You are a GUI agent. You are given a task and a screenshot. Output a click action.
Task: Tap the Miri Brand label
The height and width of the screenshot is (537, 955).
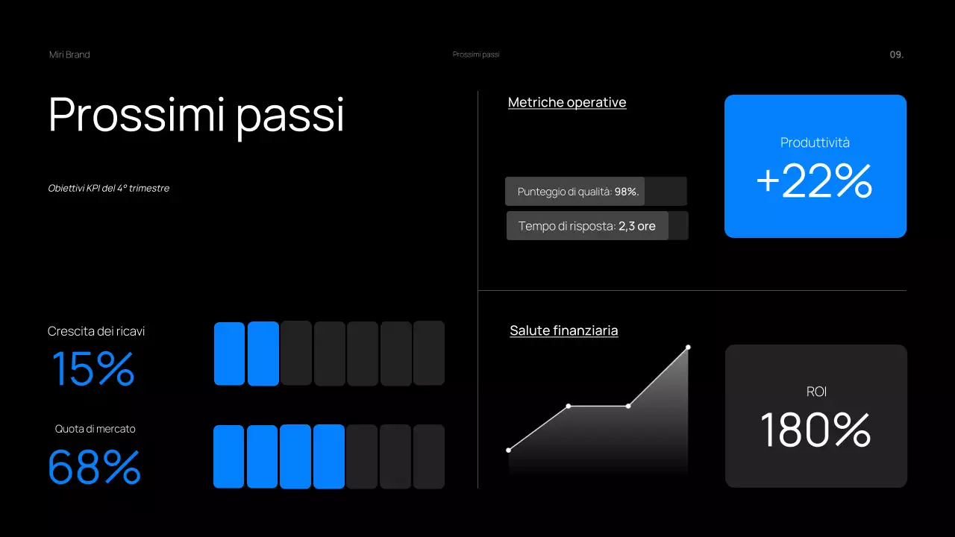click(x=69, y=54)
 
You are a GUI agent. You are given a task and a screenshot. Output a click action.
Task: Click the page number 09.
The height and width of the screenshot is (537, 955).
click(x=896, y=54)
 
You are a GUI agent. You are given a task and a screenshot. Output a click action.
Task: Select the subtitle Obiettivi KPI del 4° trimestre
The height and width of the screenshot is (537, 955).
click(x=109, y=188)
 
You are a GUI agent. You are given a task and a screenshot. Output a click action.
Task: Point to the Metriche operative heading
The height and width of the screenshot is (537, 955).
click(x=567, y=102)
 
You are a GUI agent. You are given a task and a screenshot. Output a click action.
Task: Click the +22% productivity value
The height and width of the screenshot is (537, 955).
click(x=815, y=181)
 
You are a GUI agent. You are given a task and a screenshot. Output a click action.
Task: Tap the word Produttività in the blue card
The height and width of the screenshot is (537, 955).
click(x=815, y=142)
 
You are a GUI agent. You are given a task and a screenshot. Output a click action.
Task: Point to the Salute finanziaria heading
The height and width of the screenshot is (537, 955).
click(x=564, y=330)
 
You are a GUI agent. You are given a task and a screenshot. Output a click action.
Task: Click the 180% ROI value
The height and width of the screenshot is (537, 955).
click(x=815, y=431)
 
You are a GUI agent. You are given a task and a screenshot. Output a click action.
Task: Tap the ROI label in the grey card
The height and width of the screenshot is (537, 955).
click(x=816, y=392)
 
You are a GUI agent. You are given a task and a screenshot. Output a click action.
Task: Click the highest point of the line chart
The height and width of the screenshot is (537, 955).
click(x=688, y=348)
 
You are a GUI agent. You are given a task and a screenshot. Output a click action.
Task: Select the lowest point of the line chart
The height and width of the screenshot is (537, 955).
click(x=509, y=450)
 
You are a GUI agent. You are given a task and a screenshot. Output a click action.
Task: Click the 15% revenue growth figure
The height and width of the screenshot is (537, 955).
click(x=93, y=369)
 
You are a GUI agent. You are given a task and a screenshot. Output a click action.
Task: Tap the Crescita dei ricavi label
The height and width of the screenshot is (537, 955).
click(x=96, y=331)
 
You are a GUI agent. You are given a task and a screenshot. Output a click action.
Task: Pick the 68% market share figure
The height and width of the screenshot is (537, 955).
click(x=95, y=467)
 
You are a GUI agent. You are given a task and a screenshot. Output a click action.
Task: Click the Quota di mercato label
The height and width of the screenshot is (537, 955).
click(x=95, y=429)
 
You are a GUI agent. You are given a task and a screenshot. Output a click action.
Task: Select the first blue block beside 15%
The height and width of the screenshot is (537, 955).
click(x=229, y=354)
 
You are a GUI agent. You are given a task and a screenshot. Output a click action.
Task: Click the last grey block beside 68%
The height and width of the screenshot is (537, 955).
click(x=429, y=456)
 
